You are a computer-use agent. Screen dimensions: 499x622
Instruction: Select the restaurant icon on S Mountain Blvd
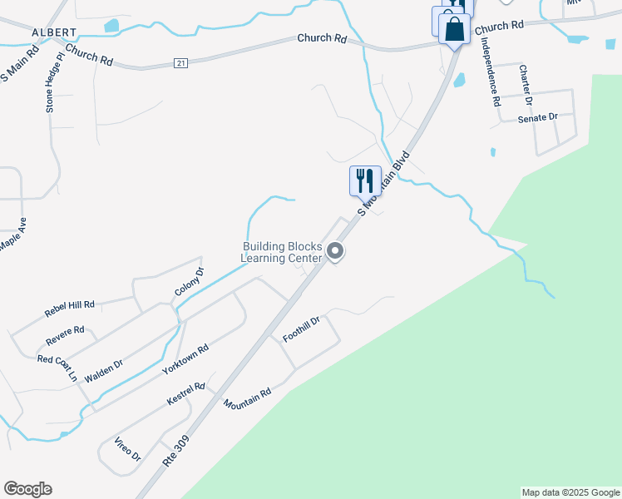(x=364, y=180)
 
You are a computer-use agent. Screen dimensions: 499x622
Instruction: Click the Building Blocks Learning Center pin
(x=335, y=251)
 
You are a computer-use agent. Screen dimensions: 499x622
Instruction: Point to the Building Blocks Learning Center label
(x=281, y=252)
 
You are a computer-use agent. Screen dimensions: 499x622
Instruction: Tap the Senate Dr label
(x=537, y=118)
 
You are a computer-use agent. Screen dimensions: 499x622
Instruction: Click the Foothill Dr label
(x=301, y=329)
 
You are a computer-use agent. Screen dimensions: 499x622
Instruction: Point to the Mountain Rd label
(x=247, y=398)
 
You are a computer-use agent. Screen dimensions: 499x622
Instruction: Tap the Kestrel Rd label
(x=185, y=393)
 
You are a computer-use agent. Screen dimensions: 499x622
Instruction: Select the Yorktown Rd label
(x=186, y=358)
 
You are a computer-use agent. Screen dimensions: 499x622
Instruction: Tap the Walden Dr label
(x=103, y=370)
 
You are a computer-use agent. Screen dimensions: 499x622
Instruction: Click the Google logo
(x=27, y=489)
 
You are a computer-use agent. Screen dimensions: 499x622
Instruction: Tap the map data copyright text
(x=570, y=492)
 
